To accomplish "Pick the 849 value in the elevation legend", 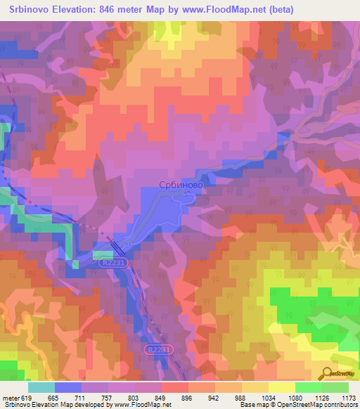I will point(160,398).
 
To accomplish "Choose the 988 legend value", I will point(241,398).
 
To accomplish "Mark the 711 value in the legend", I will point(81,398).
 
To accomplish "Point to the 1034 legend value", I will point(268,398).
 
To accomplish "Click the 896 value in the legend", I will point(188,398).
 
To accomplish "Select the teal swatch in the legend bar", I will point(41,387).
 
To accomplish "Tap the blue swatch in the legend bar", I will point(67,387).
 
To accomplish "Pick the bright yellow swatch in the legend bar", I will point(281,387).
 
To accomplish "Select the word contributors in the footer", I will point(341,405).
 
